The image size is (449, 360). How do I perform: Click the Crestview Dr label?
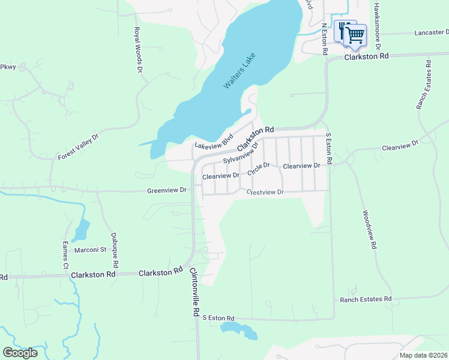click(x=265, y=192)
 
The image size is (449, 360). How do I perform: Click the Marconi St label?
click(x=90, y=250)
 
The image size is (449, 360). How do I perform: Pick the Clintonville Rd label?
click(x=194, y=292)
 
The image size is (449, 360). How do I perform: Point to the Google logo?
click(x=20, y=353)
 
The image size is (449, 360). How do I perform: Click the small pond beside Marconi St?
click(x=81, y=230)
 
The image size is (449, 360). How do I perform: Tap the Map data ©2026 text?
click(x=423, y=355)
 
